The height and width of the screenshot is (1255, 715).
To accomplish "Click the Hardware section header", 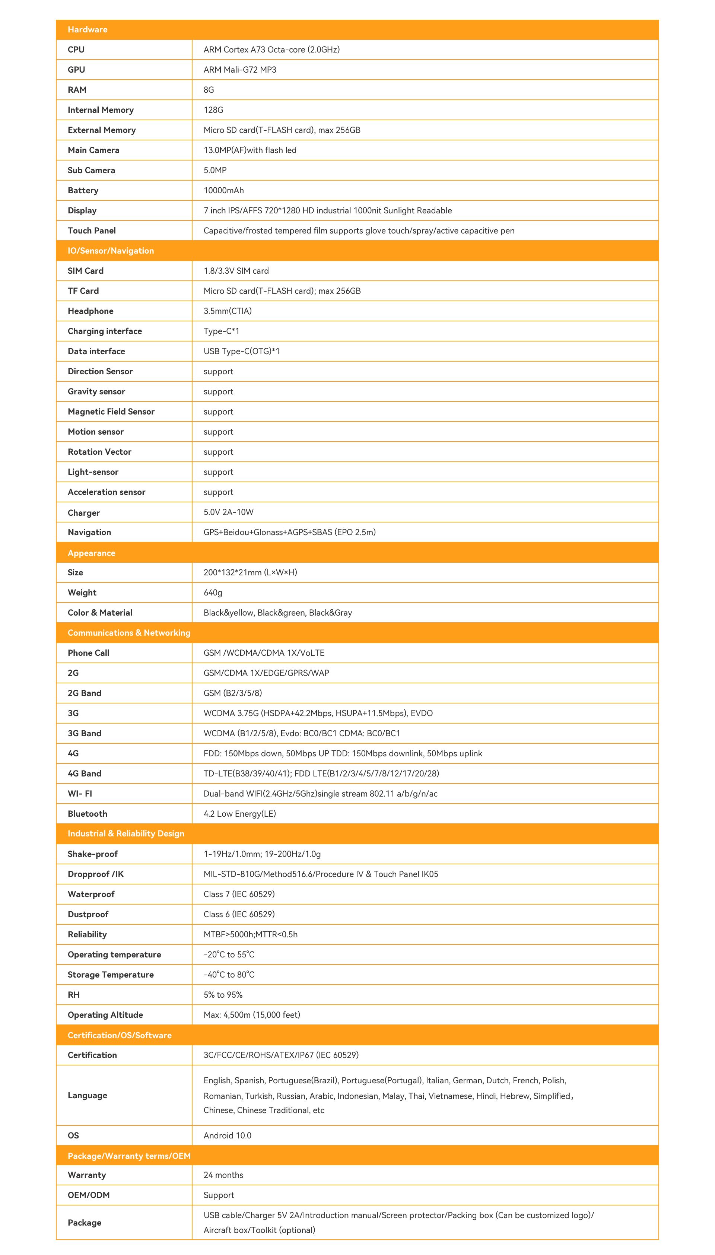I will [88, 29].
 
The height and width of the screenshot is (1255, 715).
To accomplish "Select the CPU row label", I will [76, 50].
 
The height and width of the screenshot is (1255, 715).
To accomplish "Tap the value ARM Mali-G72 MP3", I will [240, 70].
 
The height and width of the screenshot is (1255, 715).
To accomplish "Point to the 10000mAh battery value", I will [223, 191].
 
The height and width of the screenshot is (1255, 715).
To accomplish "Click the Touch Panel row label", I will [92, 231].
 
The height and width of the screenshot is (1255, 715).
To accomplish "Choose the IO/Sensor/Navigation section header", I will [111, 251].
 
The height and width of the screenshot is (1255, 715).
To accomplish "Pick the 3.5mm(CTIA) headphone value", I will [228, 311].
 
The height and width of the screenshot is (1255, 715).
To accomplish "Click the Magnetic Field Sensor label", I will [111, 412].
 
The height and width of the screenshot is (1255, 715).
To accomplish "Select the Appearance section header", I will [91, 553].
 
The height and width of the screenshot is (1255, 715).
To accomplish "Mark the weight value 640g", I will [213, 592].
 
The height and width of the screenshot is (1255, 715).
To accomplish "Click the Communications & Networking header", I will [128, 633].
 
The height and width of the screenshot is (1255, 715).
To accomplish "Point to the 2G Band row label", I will [85, 693].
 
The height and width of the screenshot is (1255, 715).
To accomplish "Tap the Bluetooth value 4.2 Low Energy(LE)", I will [240, 814].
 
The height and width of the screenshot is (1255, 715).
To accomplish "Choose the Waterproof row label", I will [91, 894].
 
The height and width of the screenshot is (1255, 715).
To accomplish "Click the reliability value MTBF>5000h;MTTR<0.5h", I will [251, 934].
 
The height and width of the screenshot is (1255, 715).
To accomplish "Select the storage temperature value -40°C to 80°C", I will [229, 975].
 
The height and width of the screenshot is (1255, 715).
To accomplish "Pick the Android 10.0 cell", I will [228, 1136].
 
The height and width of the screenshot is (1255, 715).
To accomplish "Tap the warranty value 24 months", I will [223, 1175].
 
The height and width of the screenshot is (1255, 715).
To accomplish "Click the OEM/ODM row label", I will [88, 1195].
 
